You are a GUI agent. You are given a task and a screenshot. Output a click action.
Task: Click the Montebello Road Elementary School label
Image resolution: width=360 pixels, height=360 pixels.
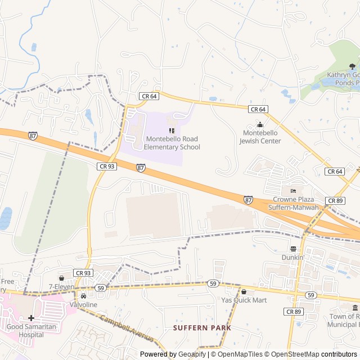pyautogui.click(x=172, y=143)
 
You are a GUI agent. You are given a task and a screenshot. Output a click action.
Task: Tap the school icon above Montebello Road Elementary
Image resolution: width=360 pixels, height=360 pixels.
pyautogui.click(x=172, y=130)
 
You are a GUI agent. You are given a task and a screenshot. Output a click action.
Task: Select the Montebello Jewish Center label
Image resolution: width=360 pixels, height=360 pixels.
pyautogui.click(x=260, y=137)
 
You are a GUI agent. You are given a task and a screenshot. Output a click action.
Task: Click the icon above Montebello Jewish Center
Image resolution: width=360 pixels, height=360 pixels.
pyautogui.click(x=260, y=124)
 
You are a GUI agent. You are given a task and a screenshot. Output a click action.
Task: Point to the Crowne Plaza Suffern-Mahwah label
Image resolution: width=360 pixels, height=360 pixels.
pyautogui.click(x=295, y=204)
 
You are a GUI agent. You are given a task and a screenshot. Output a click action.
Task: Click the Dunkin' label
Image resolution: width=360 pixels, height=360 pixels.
pyautogui.click(x=293, y=257)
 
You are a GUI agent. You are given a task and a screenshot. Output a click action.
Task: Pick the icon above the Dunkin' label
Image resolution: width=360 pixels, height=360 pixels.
pyautogui.click(x=293, y=249)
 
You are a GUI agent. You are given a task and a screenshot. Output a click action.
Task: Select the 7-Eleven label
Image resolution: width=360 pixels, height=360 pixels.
pyautogui.click(x=61, y=287)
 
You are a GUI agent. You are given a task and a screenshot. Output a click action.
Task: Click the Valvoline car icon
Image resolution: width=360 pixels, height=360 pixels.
pyautogui.click(x=83, y=296)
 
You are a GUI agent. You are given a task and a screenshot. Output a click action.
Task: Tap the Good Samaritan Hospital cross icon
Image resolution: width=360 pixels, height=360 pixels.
pyautogui.click(x=31, y=318)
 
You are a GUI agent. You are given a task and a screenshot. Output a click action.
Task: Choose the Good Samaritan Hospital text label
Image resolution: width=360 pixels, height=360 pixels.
pyautogui.click(x=25, y=330)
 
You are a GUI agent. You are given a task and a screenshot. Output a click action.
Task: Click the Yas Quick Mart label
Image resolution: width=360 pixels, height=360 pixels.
pyautogui.click(x=244, y=300)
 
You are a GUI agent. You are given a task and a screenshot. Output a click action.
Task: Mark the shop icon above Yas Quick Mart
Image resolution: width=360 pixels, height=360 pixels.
pyautogui.click(x=244, y=291)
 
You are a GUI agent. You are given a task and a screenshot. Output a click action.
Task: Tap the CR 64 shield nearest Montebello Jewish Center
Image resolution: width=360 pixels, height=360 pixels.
pyautogui.click(x=258, y=109)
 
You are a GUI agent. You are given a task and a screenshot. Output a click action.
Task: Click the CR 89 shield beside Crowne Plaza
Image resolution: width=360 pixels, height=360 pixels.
pyautogui.click(x=335, y=201)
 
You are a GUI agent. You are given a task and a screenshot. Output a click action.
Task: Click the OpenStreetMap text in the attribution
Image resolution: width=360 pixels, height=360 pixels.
pyautogui.click(x=293, y=354)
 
